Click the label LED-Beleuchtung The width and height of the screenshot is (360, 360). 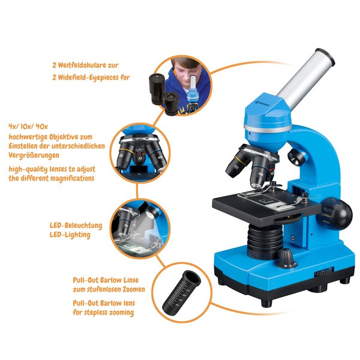tap(76, 226)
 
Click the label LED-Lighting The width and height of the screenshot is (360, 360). tap(70, 235)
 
